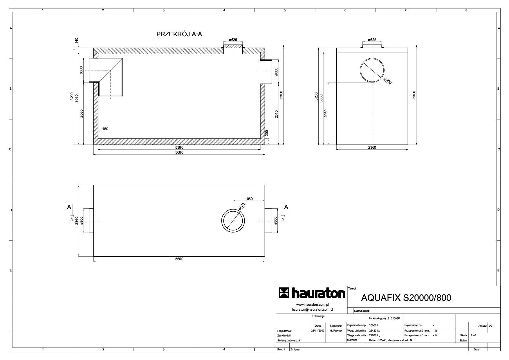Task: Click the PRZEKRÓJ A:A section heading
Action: [x=179, y=34]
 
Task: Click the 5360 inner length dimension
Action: [x=179, y=147]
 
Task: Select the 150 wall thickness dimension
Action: [x=105, y=129]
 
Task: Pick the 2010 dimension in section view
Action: [x=277, y=114]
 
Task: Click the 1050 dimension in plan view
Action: [x=249, y=199]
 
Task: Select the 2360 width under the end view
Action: [x=372, y=147]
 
